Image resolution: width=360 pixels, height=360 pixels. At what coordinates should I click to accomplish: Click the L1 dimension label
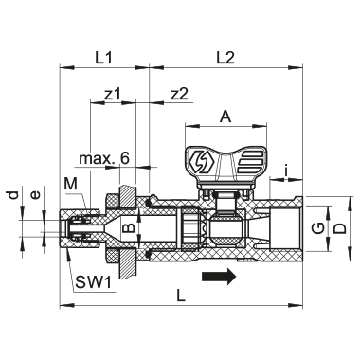(103, 58)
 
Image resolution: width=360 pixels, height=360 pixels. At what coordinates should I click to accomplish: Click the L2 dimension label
(225, 58)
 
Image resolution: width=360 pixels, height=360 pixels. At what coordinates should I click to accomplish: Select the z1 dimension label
(113, 94)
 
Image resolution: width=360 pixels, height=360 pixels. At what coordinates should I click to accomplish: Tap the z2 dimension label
(179, 94)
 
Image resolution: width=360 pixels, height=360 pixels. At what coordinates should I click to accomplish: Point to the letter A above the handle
(225, 117)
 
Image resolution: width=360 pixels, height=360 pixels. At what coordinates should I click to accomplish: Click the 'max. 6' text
(104, 158)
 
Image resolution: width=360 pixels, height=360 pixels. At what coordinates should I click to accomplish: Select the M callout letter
(70, 184)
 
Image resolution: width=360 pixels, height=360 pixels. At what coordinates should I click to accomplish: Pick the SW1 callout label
(94, 282)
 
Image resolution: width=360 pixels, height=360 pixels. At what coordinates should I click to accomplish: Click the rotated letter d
(13, 195)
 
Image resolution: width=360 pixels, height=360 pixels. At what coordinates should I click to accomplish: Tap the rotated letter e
(36, 195)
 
